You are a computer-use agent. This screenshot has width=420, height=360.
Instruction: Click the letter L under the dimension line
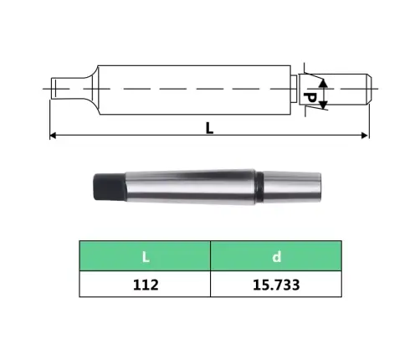[209, 127]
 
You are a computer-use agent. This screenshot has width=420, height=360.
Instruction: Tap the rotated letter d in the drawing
[309, 99]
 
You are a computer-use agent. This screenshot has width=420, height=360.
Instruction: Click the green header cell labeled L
[144, 255]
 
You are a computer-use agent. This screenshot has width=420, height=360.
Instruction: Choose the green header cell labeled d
[275, 255]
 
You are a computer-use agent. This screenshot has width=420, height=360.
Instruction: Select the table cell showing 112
[144, 284]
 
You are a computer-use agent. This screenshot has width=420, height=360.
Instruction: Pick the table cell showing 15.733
[275, 284]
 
